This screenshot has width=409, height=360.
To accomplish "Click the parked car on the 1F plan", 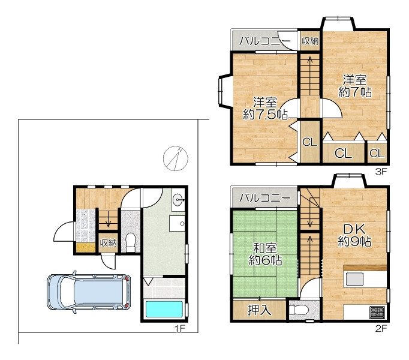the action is click(x=89, y=292).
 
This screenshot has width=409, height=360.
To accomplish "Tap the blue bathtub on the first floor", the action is click(x=164, y=310).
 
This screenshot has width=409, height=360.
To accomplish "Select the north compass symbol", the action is click(x=176, y=158).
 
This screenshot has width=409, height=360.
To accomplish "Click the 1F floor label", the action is click(x=180, y=328).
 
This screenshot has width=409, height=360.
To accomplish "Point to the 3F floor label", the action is click(x=381, y=172).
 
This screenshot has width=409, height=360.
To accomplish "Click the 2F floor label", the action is click(x=381, y=328).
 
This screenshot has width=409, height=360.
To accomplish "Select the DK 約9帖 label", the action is click(x=355, y=235).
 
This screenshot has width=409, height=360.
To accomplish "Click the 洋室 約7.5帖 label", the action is click(x=265, y=109).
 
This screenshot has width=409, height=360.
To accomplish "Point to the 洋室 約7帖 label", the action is click(x=355, y=86).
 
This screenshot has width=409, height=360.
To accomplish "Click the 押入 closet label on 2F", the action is click(x=259, y=310).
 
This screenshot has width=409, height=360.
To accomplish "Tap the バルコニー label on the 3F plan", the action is click(x=264, y=41).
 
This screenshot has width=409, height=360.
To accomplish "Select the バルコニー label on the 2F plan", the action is click(x=264, y=198).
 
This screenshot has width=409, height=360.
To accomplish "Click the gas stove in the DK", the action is click(x=377, y=312).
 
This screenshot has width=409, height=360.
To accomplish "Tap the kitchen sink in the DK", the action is click(x=354, y=279).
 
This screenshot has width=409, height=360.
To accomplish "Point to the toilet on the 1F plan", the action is click(x=131, y=242).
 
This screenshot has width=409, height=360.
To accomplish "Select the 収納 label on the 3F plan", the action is click(x=310, y=41).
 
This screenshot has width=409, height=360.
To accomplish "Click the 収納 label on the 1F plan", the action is click(x=109, y=243).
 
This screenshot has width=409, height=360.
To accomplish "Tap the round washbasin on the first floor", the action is click(x=178, y=200).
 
